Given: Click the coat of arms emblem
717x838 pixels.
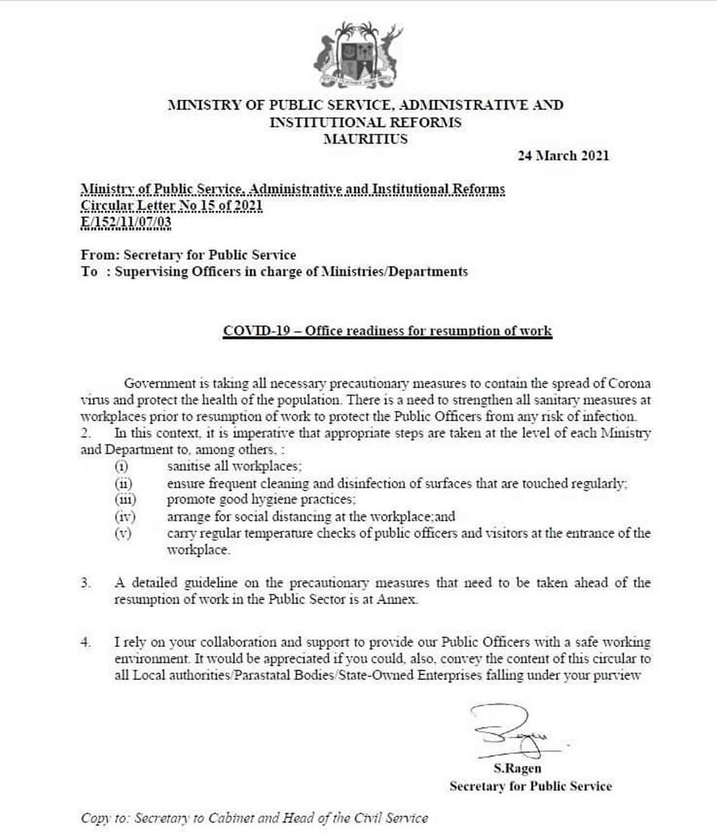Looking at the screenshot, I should pos(358,55).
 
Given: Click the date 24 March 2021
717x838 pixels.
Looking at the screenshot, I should pos(563,156).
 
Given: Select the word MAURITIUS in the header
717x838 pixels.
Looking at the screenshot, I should pos(365,139).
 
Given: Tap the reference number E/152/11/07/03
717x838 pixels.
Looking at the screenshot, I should pos(126,223).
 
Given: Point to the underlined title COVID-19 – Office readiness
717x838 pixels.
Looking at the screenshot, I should pos(387,330).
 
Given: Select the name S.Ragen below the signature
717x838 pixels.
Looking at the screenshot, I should pos(517,768).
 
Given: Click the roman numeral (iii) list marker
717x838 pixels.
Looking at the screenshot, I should pos(125,499).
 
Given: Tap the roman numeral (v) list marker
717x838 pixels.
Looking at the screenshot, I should pos(123,533).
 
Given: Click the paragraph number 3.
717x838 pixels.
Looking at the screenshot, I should pos(85,583).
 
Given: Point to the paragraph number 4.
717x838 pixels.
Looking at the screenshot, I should pos(85,642).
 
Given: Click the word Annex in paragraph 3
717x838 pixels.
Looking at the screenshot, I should pos(396,600).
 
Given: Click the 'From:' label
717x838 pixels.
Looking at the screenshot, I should pos(100,255).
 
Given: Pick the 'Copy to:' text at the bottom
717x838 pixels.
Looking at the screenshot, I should pos(105,818).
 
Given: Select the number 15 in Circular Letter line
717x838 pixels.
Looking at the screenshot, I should pos(208,205).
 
